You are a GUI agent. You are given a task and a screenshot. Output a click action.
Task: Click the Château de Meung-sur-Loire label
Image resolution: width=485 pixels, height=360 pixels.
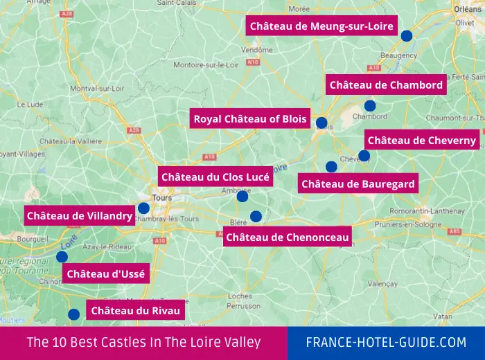[x=321, y=26]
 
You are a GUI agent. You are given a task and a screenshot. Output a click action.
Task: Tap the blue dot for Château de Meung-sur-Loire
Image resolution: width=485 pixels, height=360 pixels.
[x=407, y=35]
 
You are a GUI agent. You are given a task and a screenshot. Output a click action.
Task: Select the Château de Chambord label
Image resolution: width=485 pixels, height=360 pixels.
[x=386, y=85]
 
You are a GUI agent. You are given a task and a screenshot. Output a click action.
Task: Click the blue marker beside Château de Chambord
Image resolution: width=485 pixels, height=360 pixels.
[x=370, y=106]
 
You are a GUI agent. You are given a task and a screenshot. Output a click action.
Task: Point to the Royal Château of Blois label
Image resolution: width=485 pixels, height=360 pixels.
[x=250, y=119]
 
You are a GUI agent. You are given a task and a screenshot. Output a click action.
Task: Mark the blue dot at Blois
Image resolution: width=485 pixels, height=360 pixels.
[x=321, y=123]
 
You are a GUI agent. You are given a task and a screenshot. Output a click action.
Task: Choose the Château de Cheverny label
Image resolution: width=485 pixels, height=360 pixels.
[x=422, y=141]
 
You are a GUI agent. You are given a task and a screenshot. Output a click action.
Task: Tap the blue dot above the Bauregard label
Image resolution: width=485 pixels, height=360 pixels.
[x=331, y=167]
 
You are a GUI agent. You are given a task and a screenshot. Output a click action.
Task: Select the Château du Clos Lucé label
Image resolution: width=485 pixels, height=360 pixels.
[x=215, y=177]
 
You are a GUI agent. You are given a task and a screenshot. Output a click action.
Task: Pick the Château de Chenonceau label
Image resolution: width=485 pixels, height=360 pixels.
[x=288, y=237]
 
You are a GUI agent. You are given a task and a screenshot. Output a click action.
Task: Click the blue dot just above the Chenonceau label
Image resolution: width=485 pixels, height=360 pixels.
[x=256, y=216]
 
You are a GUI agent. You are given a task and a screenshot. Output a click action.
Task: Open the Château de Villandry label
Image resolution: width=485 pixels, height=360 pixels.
[x=80, y=216]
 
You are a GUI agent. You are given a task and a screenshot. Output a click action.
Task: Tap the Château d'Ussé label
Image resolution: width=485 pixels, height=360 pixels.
[x=106, y=274]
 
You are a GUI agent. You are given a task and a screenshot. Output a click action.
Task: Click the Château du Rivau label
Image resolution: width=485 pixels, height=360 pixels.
[x=136, y=311]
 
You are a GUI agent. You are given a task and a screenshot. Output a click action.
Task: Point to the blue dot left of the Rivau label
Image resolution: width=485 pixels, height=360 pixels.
[x=73, y=314]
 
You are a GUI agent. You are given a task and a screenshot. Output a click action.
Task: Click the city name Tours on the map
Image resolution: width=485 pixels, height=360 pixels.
[x=161, y=198]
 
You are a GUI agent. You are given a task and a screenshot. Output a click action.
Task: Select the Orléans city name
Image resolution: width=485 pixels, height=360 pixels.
[x=469, y=9]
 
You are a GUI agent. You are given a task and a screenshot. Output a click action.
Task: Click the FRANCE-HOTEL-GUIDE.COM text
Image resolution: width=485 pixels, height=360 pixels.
[x=387, y=343]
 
